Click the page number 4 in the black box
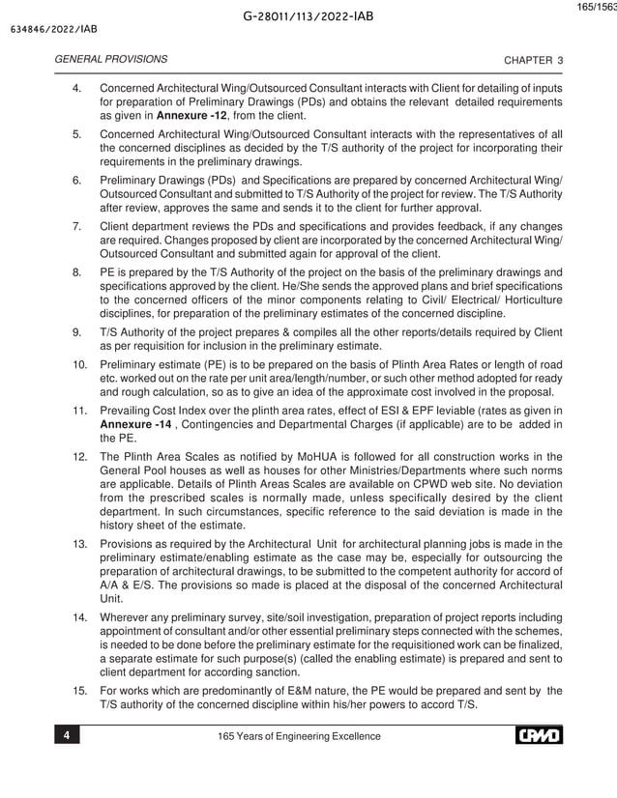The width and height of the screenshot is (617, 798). (67, 737)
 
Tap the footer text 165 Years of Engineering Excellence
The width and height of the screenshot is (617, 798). (301, 737)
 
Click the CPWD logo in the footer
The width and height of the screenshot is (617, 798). (538, 736)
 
